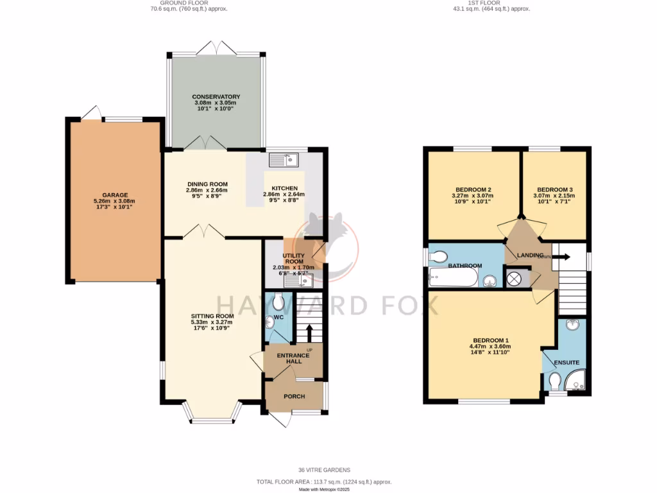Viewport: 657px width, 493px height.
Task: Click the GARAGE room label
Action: coord(115,195)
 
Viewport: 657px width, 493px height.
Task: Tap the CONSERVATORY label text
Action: coord(216,97)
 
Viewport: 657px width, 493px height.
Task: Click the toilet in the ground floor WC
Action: coord(278,300)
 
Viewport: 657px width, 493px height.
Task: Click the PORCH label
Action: coord(294,396)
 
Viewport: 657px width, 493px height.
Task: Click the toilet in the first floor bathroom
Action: coord(438,256)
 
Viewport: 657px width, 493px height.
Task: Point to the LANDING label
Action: coord(522,255)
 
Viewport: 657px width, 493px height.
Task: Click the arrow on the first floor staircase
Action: coord(562,256)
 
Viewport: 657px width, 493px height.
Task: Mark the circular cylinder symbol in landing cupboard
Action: coord(514,279)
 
